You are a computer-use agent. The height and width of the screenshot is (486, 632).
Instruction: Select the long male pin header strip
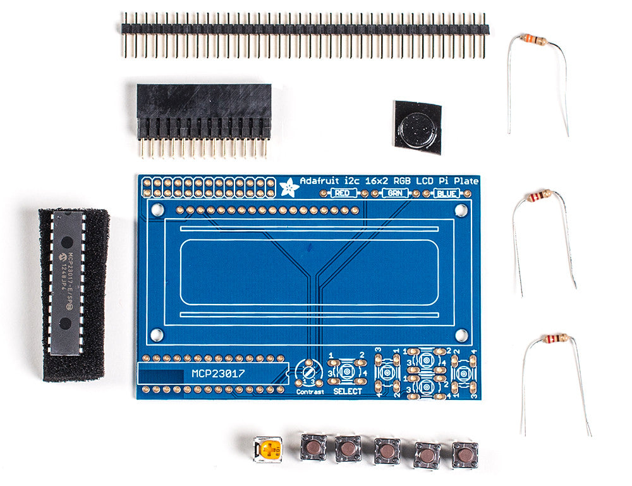[x=305, y=29]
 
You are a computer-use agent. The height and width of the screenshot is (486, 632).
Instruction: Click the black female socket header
[x=204, y=112]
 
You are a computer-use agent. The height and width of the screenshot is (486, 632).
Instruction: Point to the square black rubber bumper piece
[x=417, y=126]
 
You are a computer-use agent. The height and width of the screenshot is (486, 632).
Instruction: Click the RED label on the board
[x=342, y=193]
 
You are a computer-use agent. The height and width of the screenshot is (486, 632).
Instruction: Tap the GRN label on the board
[x=394, y=193]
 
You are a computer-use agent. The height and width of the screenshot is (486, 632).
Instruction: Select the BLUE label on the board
[x=447, y=193]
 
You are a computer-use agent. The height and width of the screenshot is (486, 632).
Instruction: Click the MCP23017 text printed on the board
[x=218, y=374]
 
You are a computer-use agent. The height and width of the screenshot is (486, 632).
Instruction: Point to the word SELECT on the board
[x=348, y=391]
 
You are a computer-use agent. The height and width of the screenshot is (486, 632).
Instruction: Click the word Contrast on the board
[x=310, y=392]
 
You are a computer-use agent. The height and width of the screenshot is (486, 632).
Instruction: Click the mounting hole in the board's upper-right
[x=461, y=209]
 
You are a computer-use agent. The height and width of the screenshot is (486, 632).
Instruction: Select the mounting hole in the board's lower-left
[x=157, y=334]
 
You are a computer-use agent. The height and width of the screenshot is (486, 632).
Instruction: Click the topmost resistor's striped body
[x=535, y=40]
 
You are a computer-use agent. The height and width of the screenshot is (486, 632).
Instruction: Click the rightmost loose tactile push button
[x=465, y=454]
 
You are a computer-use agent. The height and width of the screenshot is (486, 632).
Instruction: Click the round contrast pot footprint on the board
[x=310, y=373]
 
